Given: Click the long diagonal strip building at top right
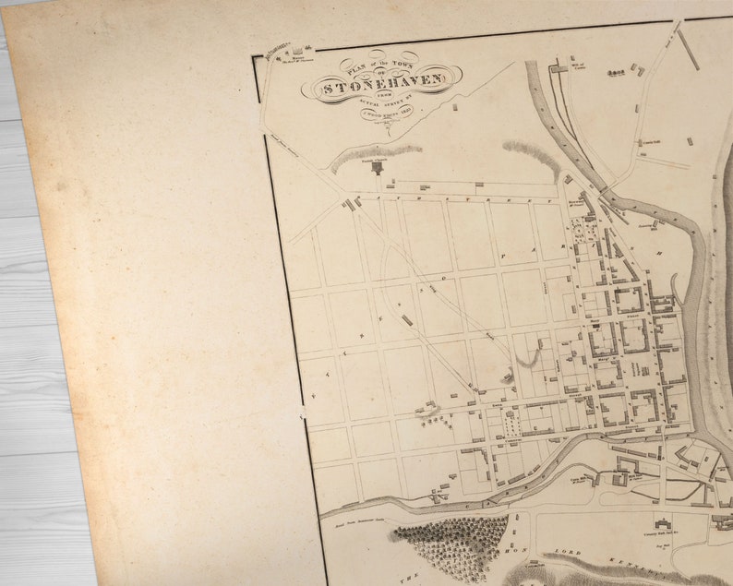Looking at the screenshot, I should [x=688, y=49].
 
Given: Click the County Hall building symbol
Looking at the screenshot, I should [x=661, y=522].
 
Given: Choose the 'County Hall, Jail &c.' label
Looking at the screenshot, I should [x=657, y=533].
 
